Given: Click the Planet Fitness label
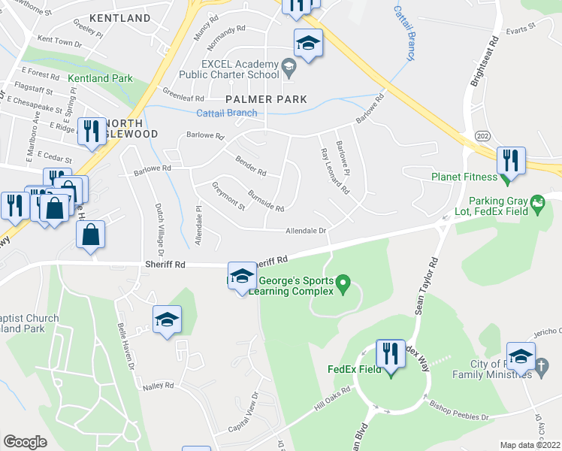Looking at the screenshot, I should click(x=464, y=177).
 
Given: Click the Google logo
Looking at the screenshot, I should click(x=25, y=442).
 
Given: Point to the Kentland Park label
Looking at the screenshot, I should click(x=100, y=78).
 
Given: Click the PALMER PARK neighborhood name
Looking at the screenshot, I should click(x=267, y=99).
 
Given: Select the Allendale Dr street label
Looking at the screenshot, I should click(x=306, y=232).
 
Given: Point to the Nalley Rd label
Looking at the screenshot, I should click(x=158, y=386).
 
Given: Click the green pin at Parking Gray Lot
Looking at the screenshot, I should click(x=537, y=203).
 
